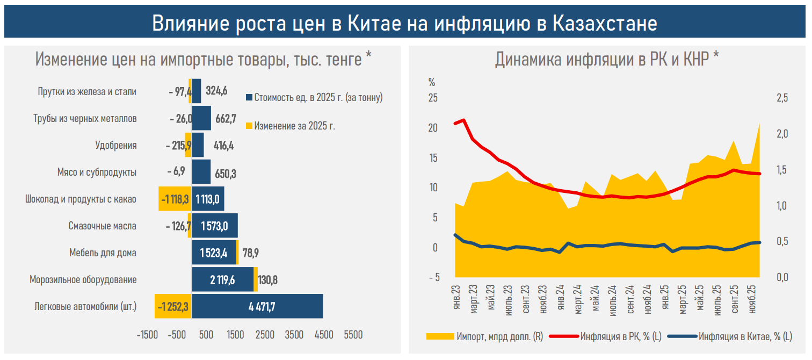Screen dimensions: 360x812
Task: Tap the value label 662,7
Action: click(226, 118)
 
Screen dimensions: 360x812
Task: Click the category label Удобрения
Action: click(115, 145)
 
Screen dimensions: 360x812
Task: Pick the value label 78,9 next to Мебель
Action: click(251, 253)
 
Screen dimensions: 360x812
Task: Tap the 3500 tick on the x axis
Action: click(294, 335)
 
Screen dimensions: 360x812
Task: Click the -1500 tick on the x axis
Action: click(147, 335)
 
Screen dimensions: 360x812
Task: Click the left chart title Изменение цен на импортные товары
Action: click(203, 59)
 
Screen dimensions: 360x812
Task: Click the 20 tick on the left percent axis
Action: click(433, 128)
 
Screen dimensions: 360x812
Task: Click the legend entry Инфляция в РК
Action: click(620, 337)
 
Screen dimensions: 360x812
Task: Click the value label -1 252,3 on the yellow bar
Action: click(173, 307)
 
